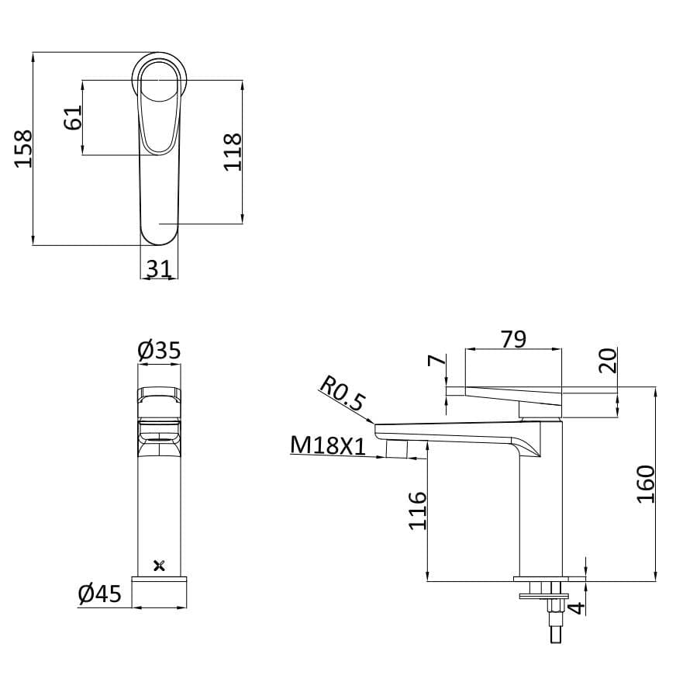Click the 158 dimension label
(23, 147)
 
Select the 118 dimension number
(233, 152)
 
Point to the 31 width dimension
(158, 268)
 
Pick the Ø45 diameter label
(100, 594)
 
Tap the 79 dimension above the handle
(512, 338)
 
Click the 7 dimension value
(436, 361)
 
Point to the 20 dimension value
(608, 360)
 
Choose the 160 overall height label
(646, 483)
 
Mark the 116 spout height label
(418, 510)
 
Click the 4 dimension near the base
(575, 607)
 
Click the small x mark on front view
(160, 565)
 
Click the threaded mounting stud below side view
(553, 621)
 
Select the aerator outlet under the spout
(397, 448)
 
